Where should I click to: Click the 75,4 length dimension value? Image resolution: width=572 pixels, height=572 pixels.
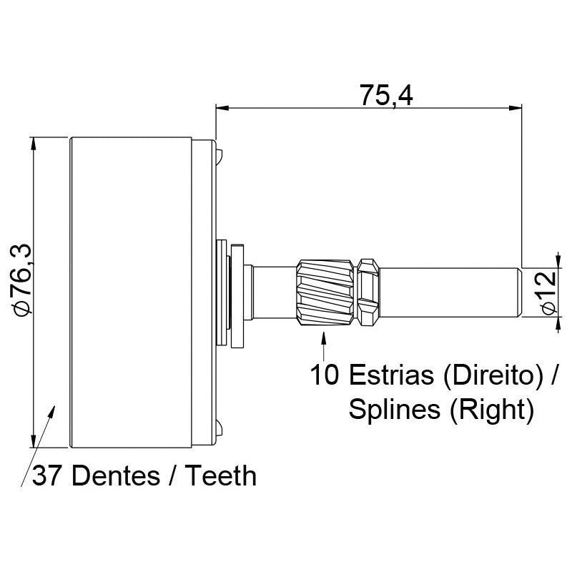pos(386,96)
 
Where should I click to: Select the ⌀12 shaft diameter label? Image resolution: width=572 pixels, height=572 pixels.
pos(549,292)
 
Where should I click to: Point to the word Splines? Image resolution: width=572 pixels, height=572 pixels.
pos(394,410)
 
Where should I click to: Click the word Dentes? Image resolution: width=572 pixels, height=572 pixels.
pos(116,475)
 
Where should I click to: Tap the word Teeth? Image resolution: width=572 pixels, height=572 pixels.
pos(221,475)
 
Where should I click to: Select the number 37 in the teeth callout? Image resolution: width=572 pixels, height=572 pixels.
pos(46,475)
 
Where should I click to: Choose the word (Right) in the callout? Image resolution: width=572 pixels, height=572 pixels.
pos(492,410)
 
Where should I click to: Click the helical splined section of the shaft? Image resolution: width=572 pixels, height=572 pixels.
pos(325,292)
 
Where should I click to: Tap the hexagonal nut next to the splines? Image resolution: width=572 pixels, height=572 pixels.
pos(368,292)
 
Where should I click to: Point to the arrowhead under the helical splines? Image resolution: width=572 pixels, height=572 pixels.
pos(323,337)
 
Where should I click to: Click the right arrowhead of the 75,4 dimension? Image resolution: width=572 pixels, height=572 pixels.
pos(515,108)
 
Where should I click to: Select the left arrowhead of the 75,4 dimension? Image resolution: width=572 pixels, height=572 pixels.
pos(222,108)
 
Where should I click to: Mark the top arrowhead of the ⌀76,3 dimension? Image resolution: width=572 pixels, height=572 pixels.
pos(33,144)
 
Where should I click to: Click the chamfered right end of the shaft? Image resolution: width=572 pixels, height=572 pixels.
pos(521,292)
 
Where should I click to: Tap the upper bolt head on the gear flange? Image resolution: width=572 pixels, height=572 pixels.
pos(219,157)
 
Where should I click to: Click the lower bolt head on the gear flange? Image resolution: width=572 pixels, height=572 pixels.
pos(219,428)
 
